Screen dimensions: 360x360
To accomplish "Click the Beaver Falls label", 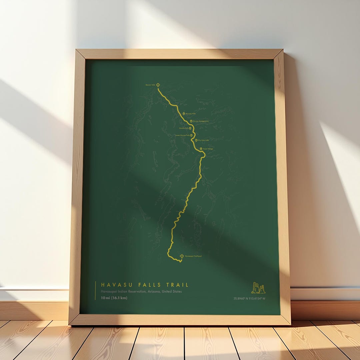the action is tap(150, 85).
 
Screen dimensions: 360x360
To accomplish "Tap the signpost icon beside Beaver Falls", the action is tap(158, 85).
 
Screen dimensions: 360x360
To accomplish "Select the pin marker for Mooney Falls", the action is tap(184, 114).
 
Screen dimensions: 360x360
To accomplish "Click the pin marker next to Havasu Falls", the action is tap(190, 128).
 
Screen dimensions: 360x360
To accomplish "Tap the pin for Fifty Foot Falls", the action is tap(196, 140).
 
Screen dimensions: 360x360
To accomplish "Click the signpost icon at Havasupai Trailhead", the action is tap(182, 256).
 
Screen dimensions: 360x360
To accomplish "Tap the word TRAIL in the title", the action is tap(177, 285).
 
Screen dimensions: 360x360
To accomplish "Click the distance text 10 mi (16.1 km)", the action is tap(114, 298).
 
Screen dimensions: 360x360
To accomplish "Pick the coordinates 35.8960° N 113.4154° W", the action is tap(249, 298).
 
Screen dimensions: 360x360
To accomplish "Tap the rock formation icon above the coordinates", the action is tap(258, 288).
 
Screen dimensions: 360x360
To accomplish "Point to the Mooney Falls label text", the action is tap(191, 114).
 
